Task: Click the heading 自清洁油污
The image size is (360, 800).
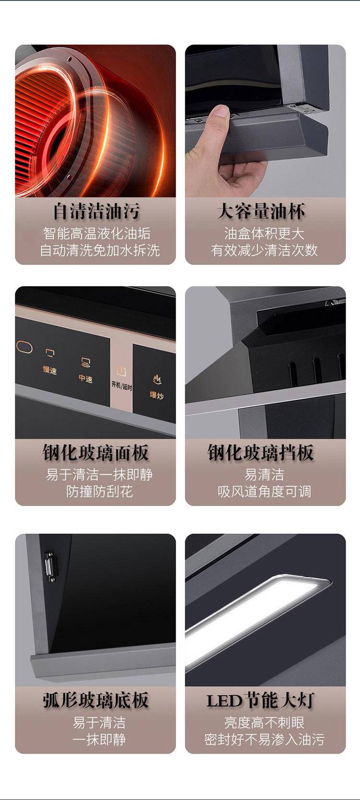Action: tap(96, 211)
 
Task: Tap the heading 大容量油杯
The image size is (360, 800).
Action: tap(261, 211)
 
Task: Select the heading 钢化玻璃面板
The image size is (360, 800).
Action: tap(96, 453)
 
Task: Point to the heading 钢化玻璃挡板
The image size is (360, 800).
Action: tap(261, 453)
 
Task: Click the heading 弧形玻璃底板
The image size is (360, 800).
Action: tap(96, 700)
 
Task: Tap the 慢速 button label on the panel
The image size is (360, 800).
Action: tap(50, 370)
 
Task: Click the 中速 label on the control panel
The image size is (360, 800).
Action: tap(86, 378)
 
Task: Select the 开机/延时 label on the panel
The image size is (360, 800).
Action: tap(121, 386)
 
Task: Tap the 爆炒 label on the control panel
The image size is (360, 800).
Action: tap(156, 395)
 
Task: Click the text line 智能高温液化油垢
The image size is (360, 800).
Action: tap(97, 233)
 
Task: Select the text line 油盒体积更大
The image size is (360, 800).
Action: tap(264, 233)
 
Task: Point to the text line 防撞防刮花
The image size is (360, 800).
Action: tap(99, 491)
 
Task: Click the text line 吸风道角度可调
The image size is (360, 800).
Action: tap(264, 491)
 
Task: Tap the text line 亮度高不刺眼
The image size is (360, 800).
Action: tap(264, 723)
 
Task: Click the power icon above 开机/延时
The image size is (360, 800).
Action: tap(121, 372)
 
